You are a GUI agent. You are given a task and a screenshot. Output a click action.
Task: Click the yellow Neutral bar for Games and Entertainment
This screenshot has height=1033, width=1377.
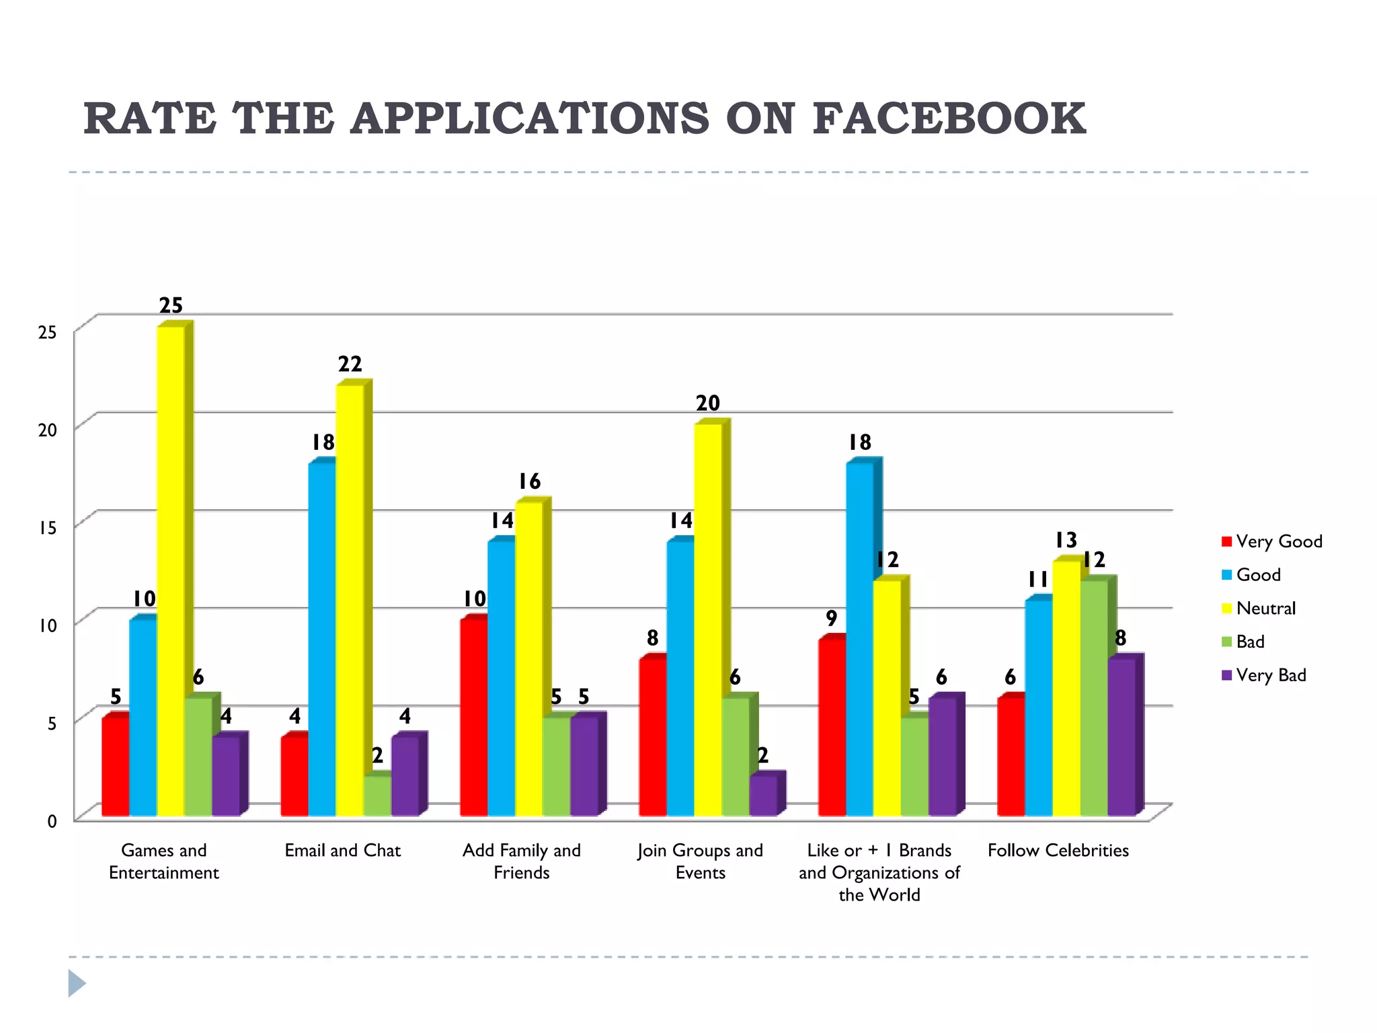click(x=171, y=572)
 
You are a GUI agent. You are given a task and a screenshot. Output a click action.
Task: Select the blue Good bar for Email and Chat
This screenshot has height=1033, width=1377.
click(x=322, y=639)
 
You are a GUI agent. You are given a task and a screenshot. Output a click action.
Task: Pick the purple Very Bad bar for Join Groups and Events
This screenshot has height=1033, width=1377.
click(x=763, y=796)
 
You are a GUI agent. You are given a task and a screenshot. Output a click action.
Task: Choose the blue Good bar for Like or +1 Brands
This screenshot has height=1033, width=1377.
click(x=859, y=639)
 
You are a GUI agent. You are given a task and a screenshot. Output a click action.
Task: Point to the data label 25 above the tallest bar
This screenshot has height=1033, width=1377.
click(x=171, y=306)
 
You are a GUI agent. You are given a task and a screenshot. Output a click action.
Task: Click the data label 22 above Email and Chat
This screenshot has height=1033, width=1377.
click(x=350, y=365)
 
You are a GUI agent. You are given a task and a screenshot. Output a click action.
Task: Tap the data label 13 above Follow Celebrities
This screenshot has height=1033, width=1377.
click(x=1066, y=540)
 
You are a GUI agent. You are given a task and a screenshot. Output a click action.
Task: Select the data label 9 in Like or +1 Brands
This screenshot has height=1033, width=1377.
click(x=832, y=618)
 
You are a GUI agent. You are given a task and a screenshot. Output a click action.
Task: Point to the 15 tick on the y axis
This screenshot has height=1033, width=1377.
click(x=47, y=528)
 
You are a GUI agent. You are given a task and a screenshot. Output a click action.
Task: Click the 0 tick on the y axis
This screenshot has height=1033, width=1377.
click(x=52, y=821)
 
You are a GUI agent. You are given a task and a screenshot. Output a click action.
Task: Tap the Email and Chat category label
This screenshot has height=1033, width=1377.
click(x=342, y=851)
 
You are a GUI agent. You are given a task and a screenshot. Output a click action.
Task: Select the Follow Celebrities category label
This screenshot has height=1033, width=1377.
click(x=1058, y=851)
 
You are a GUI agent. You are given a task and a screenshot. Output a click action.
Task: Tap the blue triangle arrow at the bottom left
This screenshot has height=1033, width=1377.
click(x=77, y=983)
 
